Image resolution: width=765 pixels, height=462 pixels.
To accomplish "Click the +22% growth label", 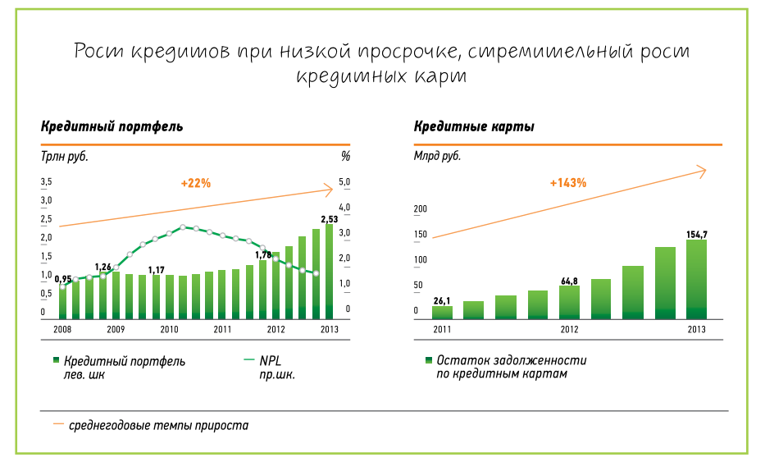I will [x=196, y=183].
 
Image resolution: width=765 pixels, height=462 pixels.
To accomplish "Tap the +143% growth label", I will [x=568, y=183].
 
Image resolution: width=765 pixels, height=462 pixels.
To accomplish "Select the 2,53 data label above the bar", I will [x=329, y=219].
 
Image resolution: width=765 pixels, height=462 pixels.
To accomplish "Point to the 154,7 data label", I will [x=696, y=235].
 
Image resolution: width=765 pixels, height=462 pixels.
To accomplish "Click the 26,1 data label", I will [x=442, y=300].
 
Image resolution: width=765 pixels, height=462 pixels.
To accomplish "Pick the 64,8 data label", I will [x=569, y=281].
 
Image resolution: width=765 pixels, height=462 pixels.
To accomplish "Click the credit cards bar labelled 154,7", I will [x=696, y=279].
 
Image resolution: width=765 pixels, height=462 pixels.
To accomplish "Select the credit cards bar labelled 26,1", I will [x=442, y=312].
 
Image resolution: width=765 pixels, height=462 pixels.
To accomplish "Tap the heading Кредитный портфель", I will [x=112, y=127].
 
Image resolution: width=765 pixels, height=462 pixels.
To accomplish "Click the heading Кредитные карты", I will [x=474, y=127].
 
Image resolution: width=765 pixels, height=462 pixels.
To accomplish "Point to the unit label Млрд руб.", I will [x=437, y=155].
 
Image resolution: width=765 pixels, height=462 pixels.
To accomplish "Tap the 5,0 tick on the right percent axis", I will [x=344, y=182].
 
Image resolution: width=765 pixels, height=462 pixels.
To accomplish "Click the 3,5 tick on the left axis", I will [x=47, y=181].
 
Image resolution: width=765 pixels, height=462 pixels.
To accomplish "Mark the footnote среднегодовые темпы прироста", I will [x=157, y=426].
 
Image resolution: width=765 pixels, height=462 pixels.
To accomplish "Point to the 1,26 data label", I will [x=102, y=268].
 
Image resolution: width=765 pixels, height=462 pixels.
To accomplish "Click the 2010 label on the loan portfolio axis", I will [x=169, y=330].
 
